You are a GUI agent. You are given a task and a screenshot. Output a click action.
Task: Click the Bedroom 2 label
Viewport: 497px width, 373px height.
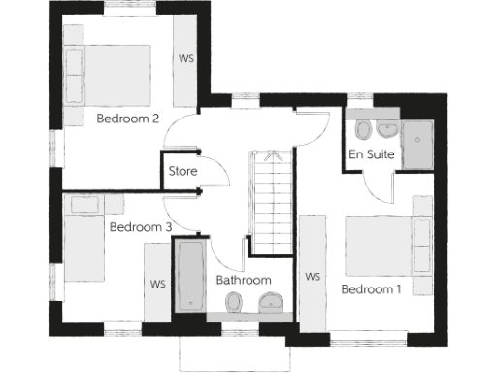[128, 119]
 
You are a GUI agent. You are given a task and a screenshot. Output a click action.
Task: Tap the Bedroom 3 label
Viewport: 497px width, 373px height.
[141, 227]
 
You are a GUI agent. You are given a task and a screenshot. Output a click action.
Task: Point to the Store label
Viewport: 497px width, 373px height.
[182, 172]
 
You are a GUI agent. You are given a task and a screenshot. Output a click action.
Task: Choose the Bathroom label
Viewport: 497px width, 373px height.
[243, 280]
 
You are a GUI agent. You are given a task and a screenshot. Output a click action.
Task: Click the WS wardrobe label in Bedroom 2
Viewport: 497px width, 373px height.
[186, 58]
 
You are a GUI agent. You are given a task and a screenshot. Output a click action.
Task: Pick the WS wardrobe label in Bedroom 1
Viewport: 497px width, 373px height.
[313, 277]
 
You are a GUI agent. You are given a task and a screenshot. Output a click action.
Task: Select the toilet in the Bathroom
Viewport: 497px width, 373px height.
[233, 306]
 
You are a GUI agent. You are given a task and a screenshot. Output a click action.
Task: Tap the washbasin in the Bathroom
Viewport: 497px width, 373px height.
[271, 306]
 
